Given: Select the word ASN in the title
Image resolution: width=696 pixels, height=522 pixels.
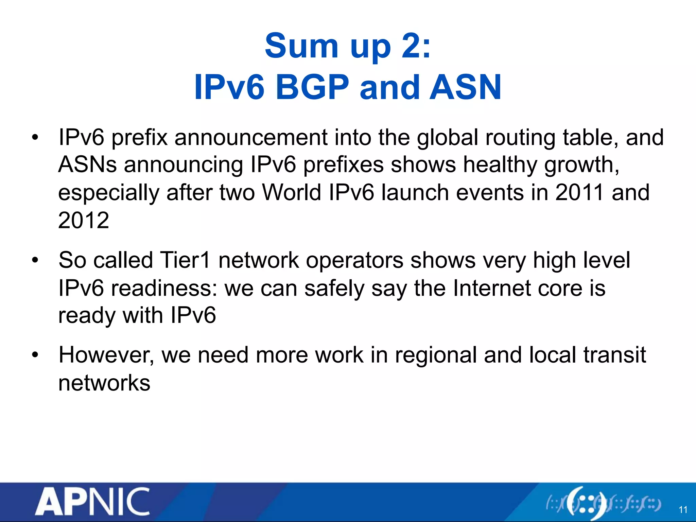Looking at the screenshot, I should point(465,87).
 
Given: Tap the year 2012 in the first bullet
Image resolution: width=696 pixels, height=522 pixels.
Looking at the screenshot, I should point(84,220).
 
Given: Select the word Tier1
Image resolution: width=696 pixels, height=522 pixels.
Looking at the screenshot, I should point(185,260).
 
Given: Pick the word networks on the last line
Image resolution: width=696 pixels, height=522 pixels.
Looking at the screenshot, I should point(104,383).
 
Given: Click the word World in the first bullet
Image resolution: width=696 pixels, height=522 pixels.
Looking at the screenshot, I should point(291,192).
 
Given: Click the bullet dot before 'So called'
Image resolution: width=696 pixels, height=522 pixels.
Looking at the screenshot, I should point(35,261).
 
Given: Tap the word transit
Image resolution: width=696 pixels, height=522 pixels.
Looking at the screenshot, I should point(614,355).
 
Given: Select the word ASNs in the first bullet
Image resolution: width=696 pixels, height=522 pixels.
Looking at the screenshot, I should point(87,165).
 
